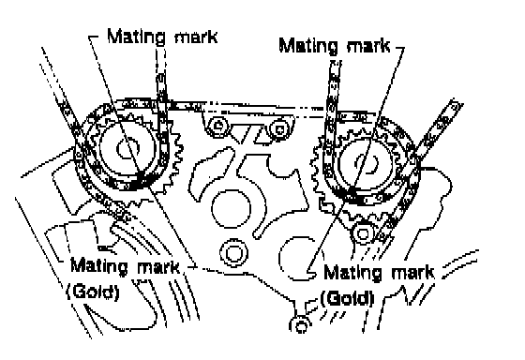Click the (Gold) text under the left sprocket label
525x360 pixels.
coord(93,292)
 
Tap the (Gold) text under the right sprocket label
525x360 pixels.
coord(347,298)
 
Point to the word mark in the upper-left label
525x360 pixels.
coord(196,37)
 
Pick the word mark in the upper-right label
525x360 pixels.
coord(368,46)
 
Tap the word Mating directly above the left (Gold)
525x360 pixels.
coord(99,266)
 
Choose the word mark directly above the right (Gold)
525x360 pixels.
coord(412,273)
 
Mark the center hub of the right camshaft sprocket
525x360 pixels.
coord(367,163)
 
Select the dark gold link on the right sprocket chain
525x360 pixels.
coord(352,196)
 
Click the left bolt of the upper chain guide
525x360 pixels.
coord(217,126)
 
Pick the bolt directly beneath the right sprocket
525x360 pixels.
coord(363,233)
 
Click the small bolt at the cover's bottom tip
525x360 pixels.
coord(300,324)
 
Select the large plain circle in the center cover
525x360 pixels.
coord(232,208)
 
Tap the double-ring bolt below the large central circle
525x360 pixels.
coord(233,253)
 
